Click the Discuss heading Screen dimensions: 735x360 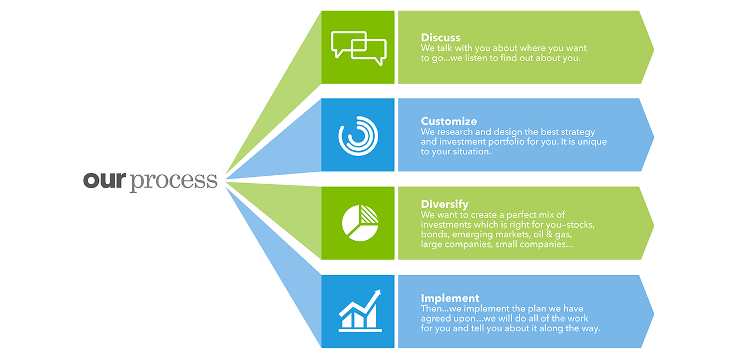[x=440, y=38]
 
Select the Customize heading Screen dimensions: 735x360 [x=449, y=122]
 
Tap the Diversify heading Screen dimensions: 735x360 [x=444, y=205]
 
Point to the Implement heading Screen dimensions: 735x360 [x=450, y=298]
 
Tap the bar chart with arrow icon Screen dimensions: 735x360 [x=360, y=311]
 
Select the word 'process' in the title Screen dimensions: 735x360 [x=174, y=181]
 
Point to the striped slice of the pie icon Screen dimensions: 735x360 [x=369, y=215]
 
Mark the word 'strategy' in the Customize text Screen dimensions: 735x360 [x=578, y=132]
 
